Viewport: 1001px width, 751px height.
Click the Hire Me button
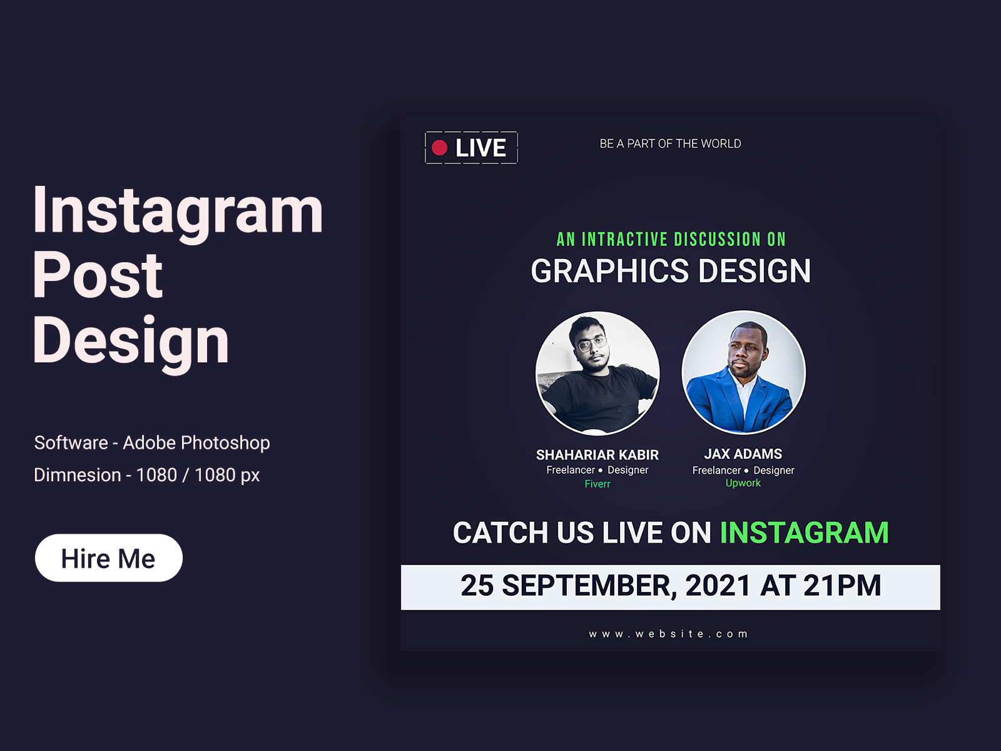[x=108, y=558]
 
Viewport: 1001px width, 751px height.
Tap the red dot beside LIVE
[x=440, y=148]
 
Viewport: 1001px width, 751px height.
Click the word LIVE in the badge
[x=480, y=148]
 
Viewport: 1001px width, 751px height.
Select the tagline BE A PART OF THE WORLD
[x=670, y=144]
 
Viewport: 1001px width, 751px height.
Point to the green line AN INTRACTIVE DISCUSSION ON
[x=671, y=239]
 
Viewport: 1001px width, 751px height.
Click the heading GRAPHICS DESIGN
[x=671, y=272]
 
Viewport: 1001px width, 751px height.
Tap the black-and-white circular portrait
[x=597, y=373]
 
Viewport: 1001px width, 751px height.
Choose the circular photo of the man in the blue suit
[x=743, y=372]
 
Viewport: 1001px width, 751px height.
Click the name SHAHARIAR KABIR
[x=597, y=455]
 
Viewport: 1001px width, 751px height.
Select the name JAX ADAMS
[x=743, y=454]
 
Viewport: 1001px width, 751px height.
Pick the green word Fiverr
[x=597, y=484]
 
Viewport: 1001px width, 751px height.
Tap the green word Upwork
[x=743, y=483]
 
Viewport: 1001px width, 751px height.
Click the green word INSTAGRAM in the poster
[x=804, y=533]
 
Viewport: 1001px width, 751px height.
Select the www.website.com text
[x=668, y=634]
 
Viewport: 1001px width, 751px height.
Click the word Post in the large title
[x=98, y=275]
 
